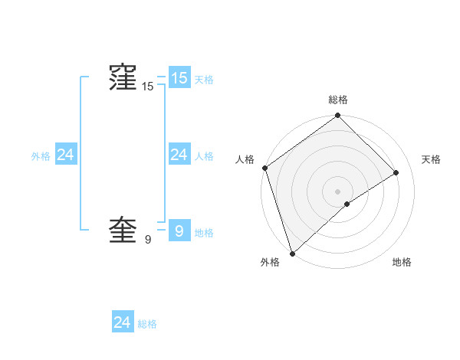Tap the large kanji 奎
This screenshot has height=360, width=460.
(122, 231)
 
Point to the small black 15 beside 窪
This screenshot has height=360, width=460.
(148, 87)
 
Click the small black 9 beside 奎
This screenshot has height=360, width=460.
(148, 241)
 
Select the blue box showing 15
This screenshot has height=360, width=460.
(179, 77)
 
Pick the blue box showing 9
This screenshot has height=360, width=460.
(179, 231)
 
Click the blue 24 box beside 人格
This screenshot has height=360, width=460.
(179, 155)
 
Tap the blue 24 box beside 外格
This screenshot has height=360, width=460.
(65, 155)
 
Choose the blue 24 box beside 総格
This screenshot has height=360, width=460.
(122, 322)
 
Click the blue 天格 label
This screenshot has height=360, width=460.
(204, 80)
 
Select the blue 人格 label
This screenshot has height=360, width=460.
(204, 156)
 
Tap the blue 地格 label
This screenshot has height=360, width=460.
(204, 233)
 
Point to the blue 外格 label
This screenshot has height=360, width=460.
(41, 156)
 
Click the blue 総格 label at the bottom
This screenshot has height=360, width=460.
(147, 325)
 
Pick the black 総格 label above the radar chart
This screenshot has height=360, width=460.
(338, 100)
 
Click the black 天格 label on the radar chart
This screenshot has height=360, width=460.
(432, 159)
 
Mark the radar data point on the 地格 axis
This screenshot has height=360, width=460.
(347, 204)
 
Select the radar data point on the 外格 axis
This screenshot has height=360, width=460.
(291, 253)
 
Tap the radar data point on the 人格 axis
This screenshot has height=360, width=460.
(264, 168)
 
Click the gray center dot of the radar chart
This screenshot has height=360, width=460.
(337, 191)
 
